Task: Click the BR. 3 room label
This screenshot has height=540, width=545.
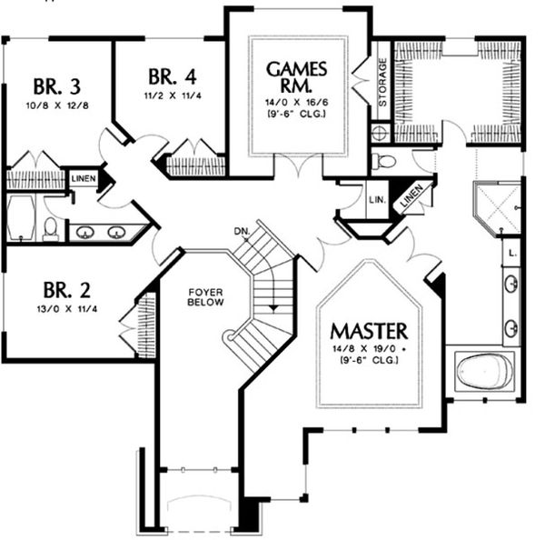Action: click(x=57, y=86)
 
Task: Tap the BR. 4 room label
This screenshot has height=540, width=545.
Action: click(x=171, y=76)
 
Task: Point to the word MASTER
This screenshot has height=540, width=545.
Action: click(x=369, y=330)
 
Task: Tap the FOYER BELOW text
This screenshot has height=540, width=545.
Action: click(x=206, y=298)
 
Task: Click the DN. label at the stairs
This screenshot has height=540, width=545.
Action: click(x=241, y=230)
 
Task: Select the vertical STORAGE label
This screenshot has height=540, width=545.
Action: click(x=382, y=84)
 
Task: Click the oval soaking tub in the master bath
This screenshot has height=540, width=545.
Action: click(x=484, y=372)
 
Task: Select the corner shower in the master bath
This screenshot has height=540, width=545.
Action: click(x=498, y=207)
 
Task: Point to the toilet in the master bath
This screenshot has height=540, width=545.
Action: click(x=384, y=162)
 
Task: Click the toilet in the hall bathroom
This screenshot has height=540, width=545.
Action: click(x=51, y=229)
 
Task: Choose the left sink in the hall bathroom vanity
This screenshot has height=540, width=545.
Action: click(x=86, y=233)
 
